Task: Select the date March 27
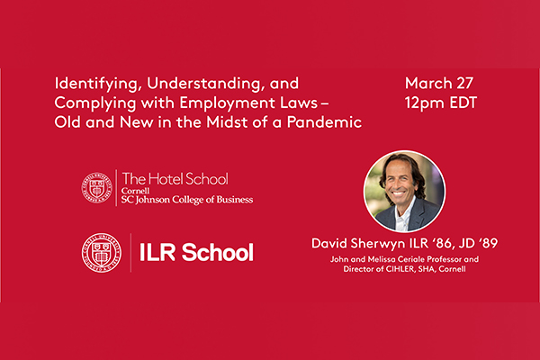coord(439,83)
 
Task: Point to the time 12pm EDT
coord(441,103)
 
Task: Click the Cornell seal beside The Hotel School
coord(97,188)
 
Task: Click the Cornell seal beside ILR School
coord(101,253)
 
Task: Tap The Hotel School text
coord(175,179)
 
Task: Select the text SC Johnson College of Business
coord(187,200)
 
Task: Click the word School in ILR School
coord(218,252)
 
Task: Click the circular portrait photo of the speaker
coord(405,191)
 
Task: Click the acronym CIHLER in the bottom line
coord(400,269)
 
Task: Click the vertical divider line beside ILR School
coord(130,253)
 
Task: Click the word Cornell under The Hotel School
coord(135,191)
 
